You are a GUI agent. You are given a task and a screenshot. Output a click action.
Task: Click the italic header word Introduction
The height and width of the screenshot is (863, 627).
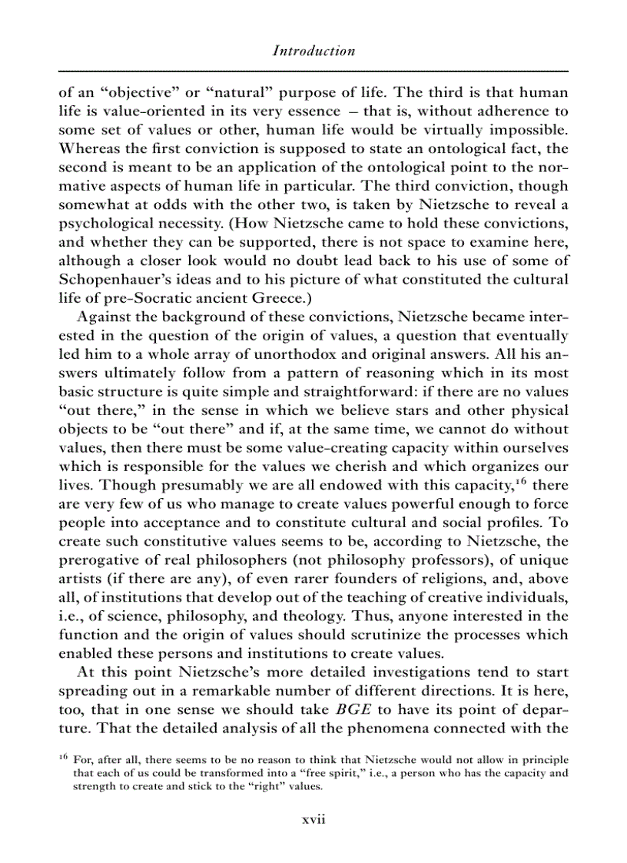pyautogui.click(x=313, y=51)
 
